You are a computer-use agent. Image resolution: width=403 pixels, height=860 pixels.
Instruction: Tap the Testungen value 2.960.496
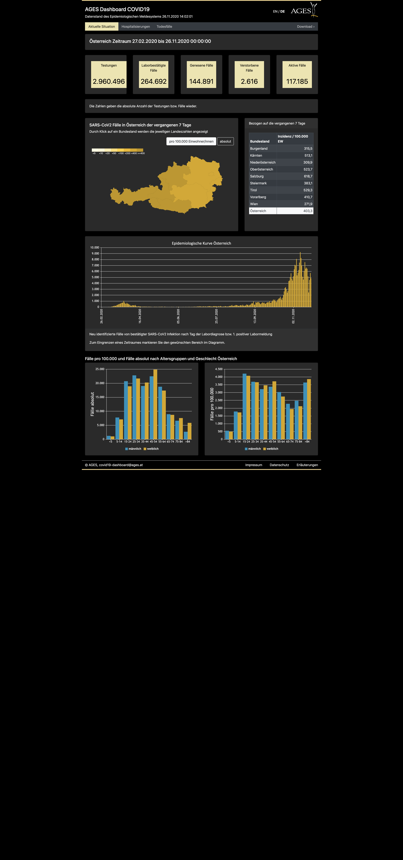click(109, 81)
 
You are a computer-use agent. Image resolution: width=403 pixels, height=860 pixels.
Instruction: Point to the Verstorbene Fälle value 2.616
click(249, 81)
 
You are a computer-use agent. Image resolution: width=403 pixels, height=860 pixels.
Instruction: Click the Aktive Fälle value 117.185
click(297, 81)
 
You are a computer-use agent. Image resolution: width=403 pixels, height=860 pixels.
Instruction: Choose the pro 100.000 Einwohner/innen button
click(191, 141)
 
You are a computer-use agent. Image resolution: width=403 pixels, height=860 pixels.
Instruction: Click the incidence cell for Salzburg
click(295, 176)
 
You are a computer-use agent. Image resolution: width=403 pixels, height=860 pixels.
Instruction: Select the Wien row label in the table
click(254, 204)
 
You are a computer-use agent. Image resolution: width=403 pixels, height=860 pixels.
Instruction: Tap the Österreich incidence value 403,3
click(308, 211)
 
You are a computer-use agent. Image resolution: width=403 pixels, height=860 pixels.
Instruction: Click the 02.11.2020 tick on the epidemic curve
click(293, 316)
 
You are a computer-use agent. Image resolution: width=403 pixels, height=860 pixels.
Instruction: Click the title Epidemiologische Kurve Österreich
click(201, 243)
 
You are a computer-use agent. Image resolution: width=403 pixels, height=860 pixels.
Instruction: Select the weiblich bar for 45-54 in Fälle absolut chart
click(155, 404)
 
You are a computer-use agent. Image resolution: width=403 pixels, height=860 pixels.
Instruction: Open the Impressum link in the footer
click(254, 465)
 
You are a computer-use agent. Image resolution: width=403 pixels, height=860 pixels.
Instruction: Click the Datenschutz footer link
click(279, 465)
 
